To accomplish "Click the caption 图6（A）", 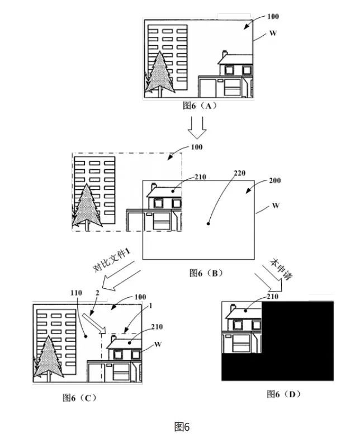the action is pos(200,106).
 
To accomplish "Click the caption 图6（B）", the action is pos(206,273).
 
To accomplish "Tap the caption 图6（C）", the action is pos(80,398).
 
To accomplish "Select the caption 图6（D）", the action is pos(283,394).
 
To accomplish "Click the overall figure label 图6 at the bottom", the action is pos(182,427).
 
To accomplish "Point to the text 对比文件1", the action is pos(112,260).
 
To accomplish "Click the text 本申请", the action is pos(281,269).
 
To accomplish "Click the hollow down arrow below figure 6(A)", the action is pos(197,127).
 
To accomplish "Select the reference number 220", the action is pos(239,173).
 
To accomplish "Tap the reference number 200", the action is pos(275,180).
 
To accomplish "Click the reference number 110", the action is pos(76,293).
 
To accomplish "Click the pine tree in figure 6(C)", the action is pos(49,358).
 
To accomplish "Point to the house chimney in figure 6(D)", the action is pos(233,307).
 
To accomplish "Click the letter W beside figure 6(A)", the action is pos(273,33).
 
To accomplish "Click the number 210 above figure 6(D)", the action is pos(273,297).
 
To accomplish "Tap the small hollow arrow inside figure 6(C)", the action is pos(94,323).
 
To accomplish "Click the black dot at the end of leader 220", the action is pos(209,224).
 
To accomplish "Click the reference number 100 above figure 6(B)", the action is pos(197,147).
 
